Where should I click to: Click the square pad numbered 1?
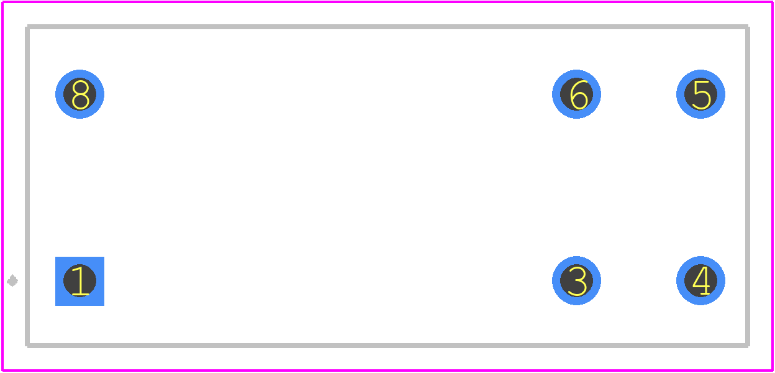pyautogui.click(x=79, y=281)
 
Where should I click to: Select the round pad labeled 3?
pyautogui.click(x=576, y=280)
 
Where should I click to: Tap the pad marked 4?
pyautogui.click(x=700, y=280)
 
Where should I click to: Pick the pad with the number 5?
pyautogui.click(x=700, y=94)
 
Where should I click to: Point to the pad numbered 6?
pyautogui.click(x=576, y=94)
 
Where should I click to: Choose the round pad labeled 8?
pyautogui.click(x=79, y=94)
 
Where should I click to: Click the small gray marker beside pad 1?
pyautogui.click(x=12, y=280)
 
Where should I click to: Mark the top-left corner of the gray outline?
pyautogui.click(x=27, y=27)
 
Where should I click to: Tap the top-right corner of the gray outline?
pyautogui.click(x=747, y=27)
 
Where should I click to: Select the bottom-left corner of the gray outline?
pyautogui.click(x=27, y=345)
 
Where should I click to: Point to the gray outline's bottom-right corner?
pyautogui.click(x=747, y=345)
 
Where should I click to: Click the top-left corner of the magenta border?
pyautogui.click(x=2, y=2)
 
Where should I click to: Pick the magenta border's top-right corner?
pyautogui.click(x=773, y=2)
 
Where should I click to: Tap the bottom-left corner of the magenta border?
pyautogui.click(x=2, y=371)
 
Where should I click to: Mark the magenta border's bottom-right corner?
pyautogui.click(x=773, y=371)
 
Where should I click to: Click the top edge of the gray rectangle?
pyautogui.click(x=387, y=27)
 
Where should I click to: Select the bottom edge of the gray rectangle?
pyautogui.click(x=387, y=345)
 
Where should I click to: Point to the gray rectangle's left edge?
pyautogui.click(x=27, y=186)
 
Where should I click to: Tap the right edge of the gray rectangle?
pyautogui.click(x=747, y=186)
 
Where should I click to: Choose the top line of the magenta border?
pyautogui.click(x=387, y=2)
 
